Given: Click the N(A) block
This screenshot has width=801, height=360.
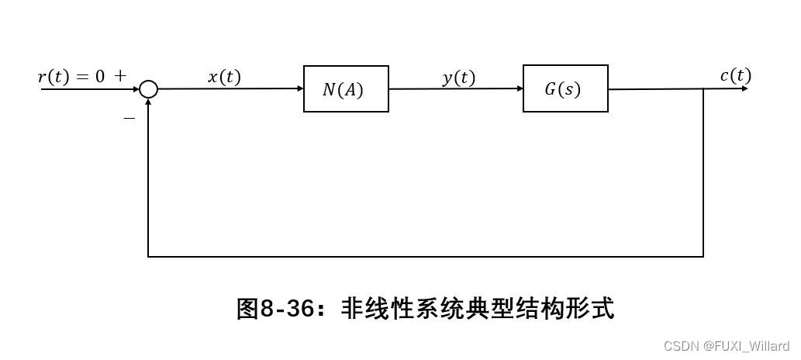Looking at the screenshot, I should point(346,89).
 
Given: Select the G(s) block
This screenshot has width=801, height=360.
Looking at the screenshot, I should point(565,89).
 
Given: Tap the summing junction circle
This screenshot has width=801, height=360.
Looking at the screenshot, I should point(149,90).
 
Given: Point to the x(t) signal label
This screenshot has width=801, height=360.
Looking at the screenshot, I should point(224,77).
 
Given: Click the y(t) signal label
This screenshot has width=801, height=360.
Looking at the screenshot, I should point(458,77).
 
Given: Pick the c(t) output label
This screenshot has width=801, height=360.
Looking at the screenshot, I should point(735,75).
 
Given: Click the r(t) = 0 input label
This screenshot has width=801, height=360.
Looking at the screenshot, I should point(71,76).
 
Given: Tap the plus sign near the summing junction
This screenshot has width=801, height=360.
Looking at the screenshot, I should point(120,76).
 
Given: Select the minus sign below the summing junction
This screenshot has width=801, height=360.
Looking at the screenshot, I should point(129,118).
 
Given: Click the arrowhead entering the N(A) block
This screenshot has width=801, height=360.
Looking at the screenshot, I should point(299,89).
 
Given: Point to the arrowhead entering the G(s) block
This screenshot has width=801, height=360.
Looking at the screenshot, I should point(519,89).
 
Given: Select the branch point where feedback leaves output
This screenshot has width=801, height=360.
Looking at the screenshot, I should point(703,89).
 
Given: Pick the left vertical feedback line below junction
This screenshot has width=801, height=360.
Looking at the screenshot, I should point(148,178).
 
